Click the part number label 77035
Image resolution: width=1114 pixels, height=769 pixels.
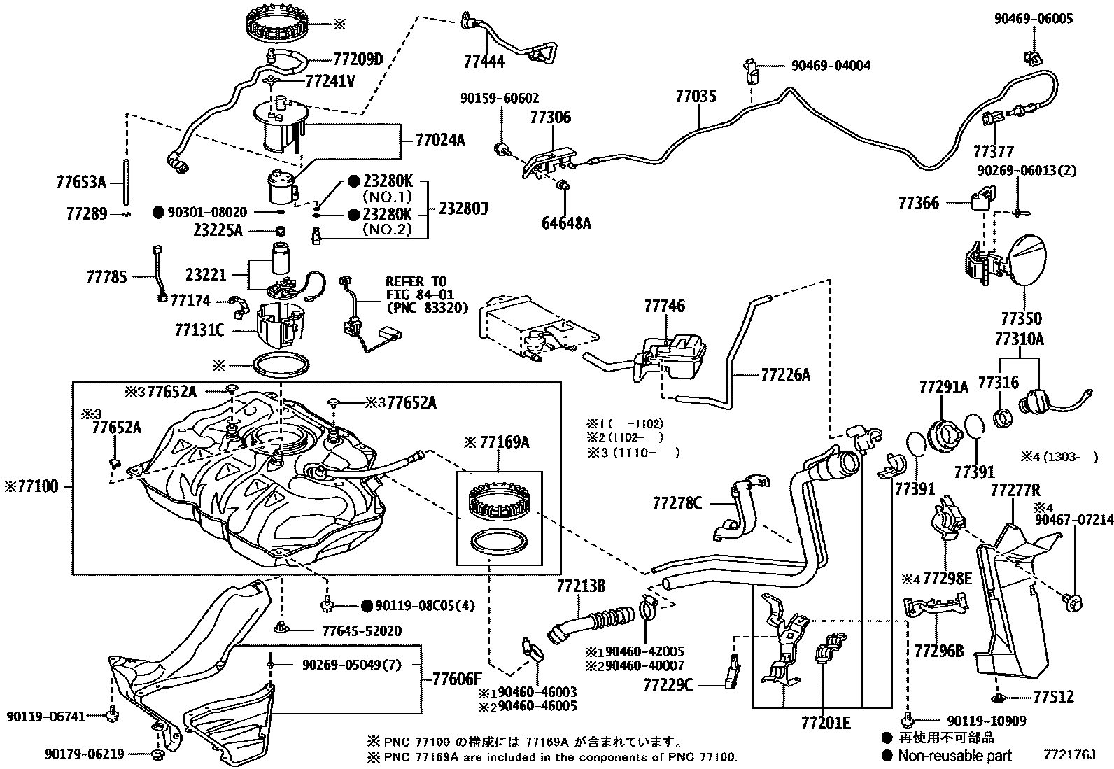(696, 96)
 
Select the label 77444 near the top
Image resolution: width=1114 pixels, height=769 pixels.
(484, 62)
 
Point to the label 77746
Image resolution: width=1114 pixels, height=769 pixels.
(665, 306)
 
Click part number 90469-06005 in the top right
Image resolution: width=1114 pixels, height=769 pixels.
(1034, 20)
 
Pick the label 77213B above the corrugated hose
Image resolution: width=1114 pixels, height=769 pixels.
(581, 586)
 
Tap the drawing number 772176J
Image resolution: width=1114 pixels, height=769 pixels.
(1068, 755)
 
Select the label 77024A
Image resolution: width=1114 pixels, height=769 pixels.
(439, 140)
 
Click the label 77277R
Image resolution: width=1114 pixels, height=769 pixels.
(1015, 490)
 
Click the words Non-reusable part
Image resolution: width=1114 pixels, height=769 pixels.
(954, 755)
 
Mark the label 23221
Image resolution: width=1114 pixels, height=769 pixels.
(206, 275)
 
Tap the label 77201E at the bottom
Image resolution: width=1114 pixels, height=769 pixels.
(826, 723)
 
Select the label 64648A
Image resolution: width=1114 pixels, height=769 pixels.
(566, 223)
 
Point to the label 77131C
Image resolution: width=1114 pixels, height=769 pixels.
(199, 330)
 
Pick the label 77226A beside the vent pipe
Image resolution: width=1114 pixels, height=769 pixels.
(785, 375)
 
